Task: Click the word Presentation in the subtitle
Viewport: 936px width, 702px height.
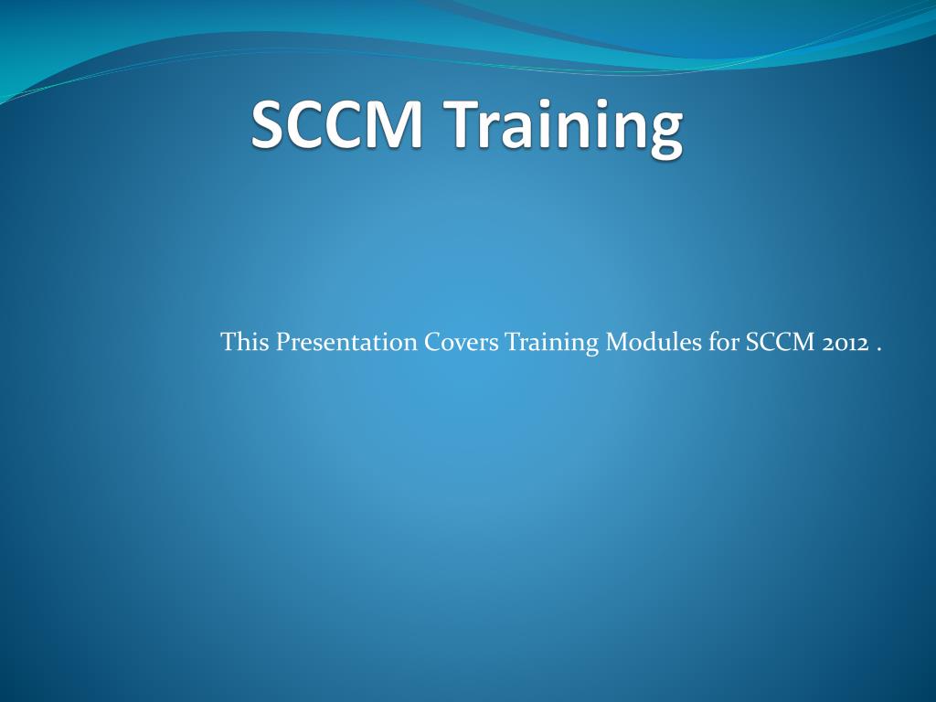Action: [x=347, y=344]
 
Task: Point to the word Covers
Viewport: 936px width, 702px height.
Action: [x=462, y=344]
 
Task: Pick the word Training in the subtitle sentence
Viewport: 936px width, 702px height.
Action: [x=551, y=345]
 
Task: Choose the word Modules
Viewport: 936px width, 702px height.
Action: [x=653, y=344]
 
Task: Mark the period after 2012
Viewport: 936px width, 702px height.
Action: [x=878, y=348]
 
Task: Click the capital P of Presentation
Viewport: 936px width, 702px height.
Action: [x=283, y=343]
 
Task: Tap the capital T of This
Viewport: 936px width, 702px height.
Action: [x=229, y=343]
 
